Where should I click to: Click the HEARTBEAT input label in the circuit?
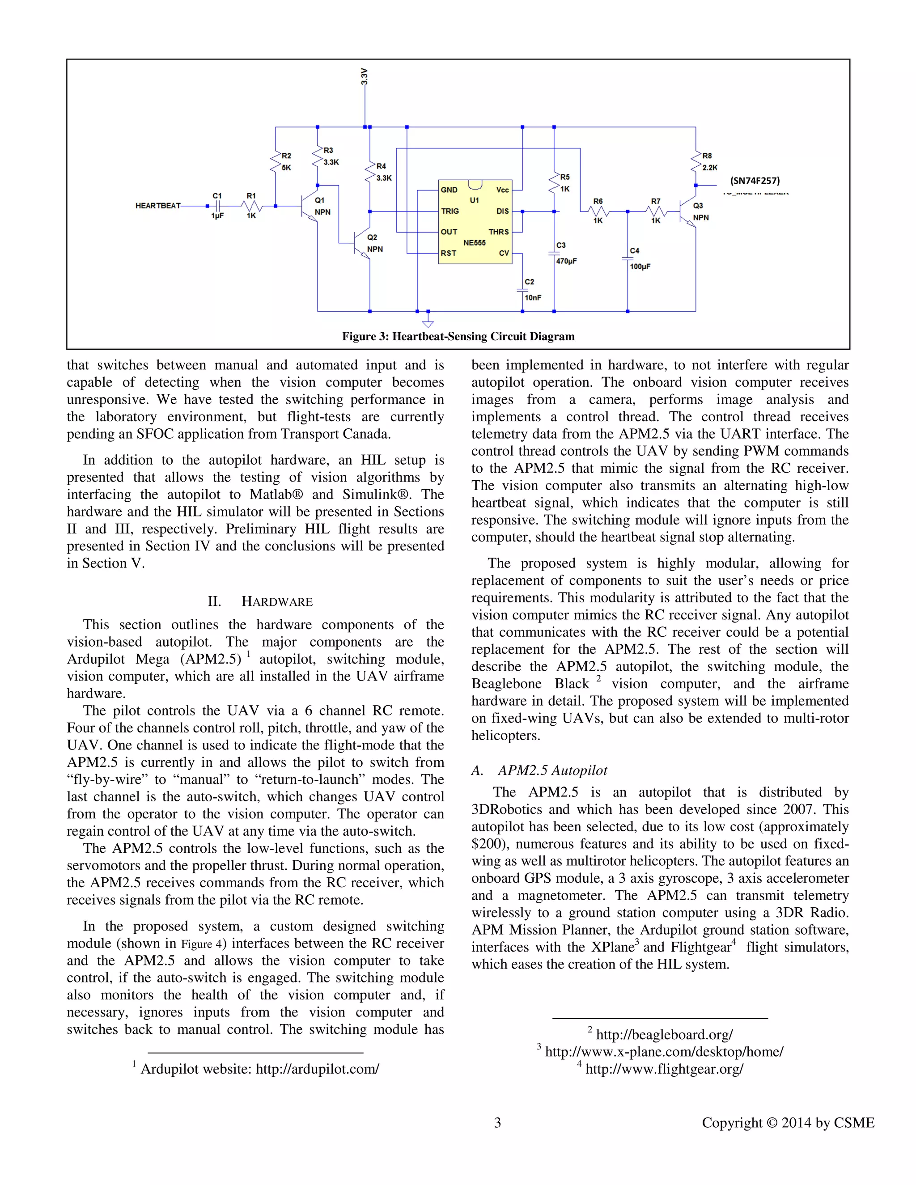(x=157, y=206)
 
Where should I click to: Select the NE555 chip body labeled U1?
(x=475, y=222)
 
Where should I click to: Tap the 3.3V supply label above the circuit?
(x=365, y=76)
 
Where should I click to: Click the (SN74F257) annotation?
(x=755, y=181)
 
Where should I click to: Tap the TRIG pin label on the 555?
(x=450, y=211)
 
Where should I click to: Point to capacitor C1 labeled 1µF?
(x=217, y=206)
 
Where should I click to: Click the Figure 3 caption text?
(x=458, y=336)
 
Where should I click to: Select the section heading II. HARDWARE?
(x=260, y=602)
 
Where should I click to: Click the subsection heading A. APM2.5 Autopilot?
(x=539, y=770)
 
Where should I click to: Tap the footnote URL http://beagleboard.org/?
(x=664, y=1035)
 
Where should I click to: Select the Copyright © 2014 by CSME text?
(x=788, y=1122)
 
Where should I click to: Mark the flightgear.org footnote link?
(x=664, y=1069)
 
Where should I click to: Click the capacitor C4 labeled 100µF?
(x=628, y=259)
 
